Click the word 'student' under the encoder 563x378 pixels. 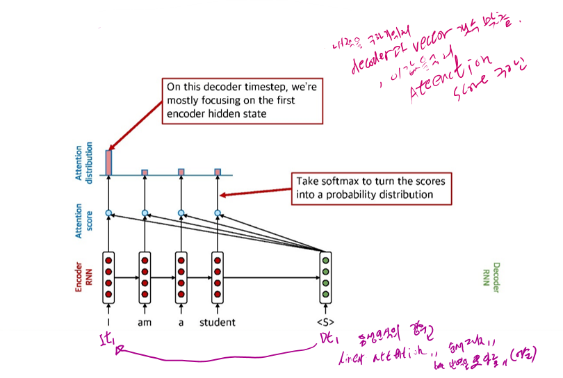point(217,322)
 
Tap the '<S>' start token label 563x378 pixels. point(325,322)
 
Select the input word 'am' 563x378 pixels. point(145,322)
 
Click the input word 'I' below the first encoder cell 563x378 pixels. point(108,322)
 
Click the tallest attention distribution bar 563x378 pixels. point(108,162)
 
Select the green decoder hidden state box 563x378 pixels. point(325,277)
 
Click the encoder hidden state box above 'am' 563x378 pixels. point(145,277)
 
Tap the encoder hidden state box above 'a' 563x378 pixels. point(181,277)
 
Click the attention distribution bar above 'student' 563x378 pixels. point(218,171)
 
